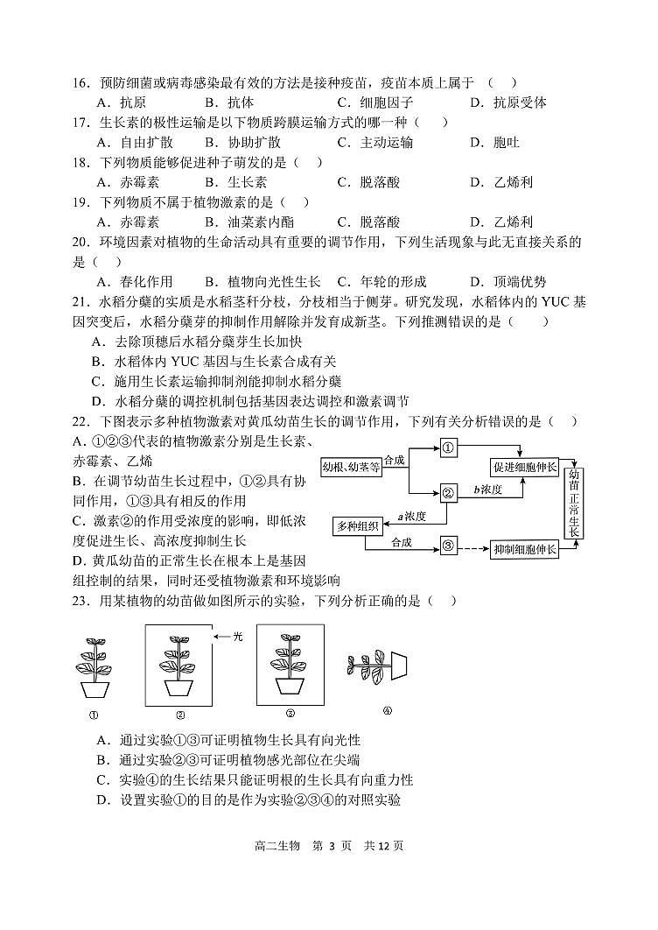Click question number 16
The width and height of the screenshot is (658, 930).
tap(82, 82)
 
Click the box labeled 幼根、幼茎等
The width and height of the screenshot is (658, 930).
tap(352, 467)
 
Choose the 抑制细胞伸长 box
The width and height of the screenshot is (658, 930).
tap(524, 550)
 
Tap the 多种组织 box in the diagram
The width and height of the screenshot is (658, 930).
tap(357, 525)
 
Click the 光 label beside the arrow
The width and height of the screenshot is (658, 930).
tap(237, 637)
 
